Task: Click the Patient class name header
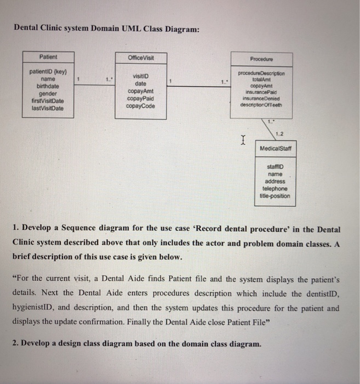coord(48,57)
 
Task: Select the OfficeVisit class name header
coord(141,59)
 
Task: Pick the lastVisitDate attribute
coord(48,108)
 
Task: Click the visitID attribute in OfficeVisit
coord(141,76)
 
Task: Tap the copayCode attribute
coord(141,105)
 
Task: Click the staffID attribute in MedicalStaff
coord(275,166)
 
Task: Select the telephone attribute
coord(275,188)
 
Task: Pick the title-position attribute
coord(275,196)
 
